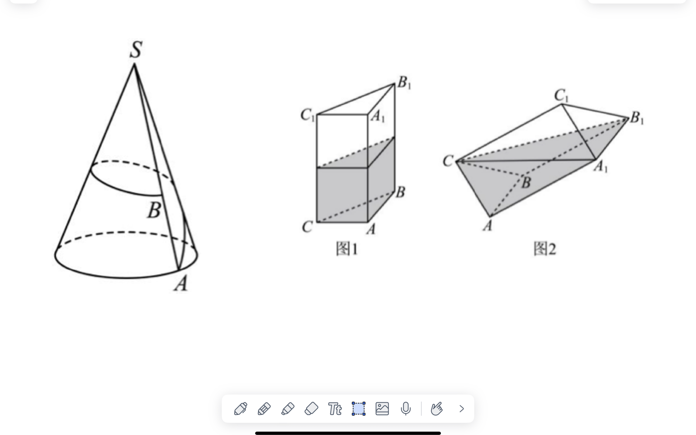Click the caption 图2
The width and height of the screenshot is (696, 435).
(x=545, y=249)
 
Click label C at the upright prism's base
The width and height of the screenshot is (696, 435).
(x=307, y=227)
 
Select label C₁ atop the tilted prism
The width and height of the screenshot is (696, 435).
(x=561, y=95)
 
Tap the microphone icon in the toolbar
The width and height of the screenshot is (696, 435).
(x=406, y=409)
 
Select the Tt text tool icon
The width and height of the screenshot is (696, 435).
(x=335, y=409)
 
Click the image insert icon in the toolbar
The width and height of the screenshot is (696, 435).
(x=382, y=409)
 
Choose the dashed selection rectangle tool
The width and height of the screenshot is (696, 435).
(x=359, y=409)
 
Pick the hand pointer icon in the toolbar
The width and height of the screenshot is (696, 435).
(x=437, y=409)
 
